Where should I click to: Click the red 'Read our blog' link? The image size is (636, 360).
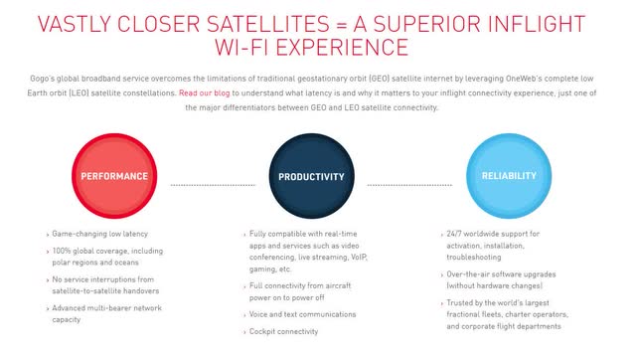coord(206,92)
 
